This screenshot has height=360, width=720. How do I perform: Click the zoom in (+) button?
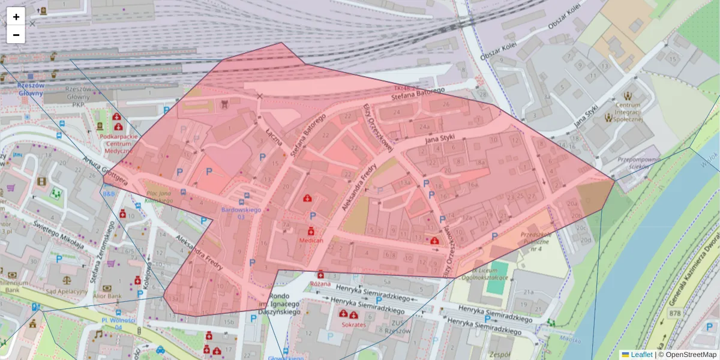coord(16,17)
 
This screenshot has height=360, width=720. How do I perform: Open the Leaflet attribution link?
coord(641,355)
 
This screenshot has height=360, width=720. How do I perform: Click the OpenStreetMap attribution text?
coord(691,355)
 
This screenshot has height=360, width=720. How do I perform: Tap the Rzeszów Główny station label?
coord(31,89)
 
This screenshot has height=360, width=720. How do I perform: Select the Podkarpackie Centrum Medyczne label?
coord(119,143)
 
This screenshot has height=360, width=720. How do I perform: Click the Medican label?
coord(311,240)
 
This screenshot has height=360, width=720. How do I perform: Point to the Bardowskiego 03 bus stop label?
coord(241,212)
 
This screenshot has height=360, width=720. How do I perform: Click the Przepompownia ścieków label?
coord(638,164)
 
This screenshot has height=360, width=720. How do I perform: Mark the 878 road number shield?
coord(675,313)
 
